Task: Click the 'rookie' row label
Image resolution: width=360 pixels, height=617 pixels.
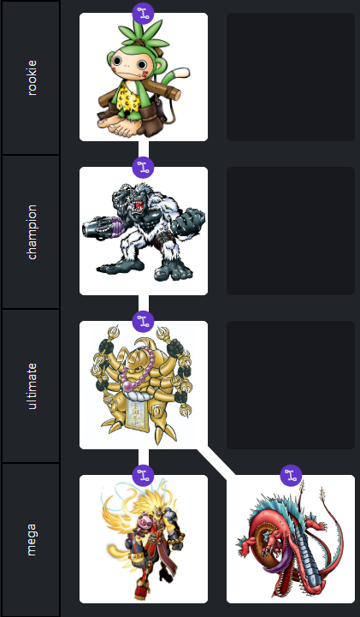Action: coord(32,78)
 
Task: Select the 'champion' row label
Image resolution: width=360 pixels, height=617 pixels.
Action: coord(32,232)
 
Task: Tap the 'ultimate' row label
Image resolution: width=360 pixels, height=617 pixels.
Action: coord(32,386)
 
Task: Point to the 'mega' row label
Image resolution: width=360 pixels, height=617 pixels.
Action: coord(32,539)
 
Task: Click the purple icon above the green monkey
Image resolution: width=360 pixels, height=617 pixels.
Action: coord(143,14)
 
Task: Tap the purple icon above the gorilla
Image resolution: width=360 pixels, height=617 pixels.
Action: coord(143,168)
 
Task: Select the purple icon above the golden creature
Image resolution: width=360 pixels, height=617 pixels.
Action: coord(143,322)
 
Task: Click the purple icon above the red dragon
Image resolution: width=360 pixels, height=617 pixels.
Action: coord(291,475)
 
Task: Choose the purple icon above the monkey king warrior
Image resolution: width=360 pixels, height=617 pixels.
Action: coord(143,475)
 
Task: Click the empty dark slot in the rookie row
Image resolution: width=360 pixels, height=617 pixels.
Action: coord(291,77)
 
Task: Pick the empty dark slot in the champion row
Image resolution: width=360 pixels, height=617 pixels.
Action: coord(291,231)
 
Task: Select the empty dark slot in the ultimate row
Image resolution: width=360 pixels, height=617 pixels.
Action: coord(291,385)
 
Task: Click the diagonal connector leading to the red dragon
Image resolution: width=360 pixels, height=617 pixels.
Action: coord(216,462)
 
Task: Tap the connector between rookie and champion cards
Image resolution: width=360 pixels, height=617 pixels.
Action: coord(144,154)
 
